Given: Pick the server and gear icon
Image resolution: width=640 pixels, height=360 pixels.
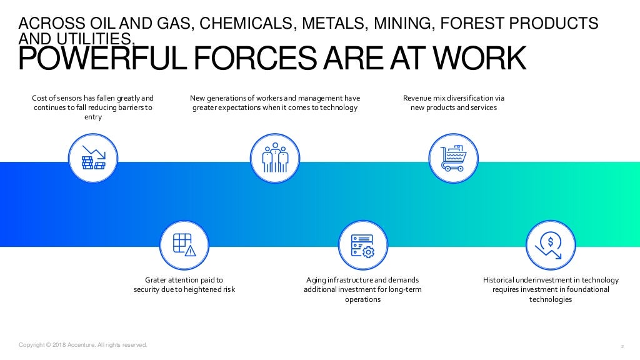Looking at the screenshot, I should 362,245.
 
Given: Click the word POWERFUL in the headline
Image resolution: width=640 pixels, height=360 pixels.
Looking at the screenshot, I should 91,59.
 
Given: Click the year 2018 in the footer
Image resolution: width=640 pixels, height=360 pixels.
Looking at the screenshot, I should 58,344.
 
